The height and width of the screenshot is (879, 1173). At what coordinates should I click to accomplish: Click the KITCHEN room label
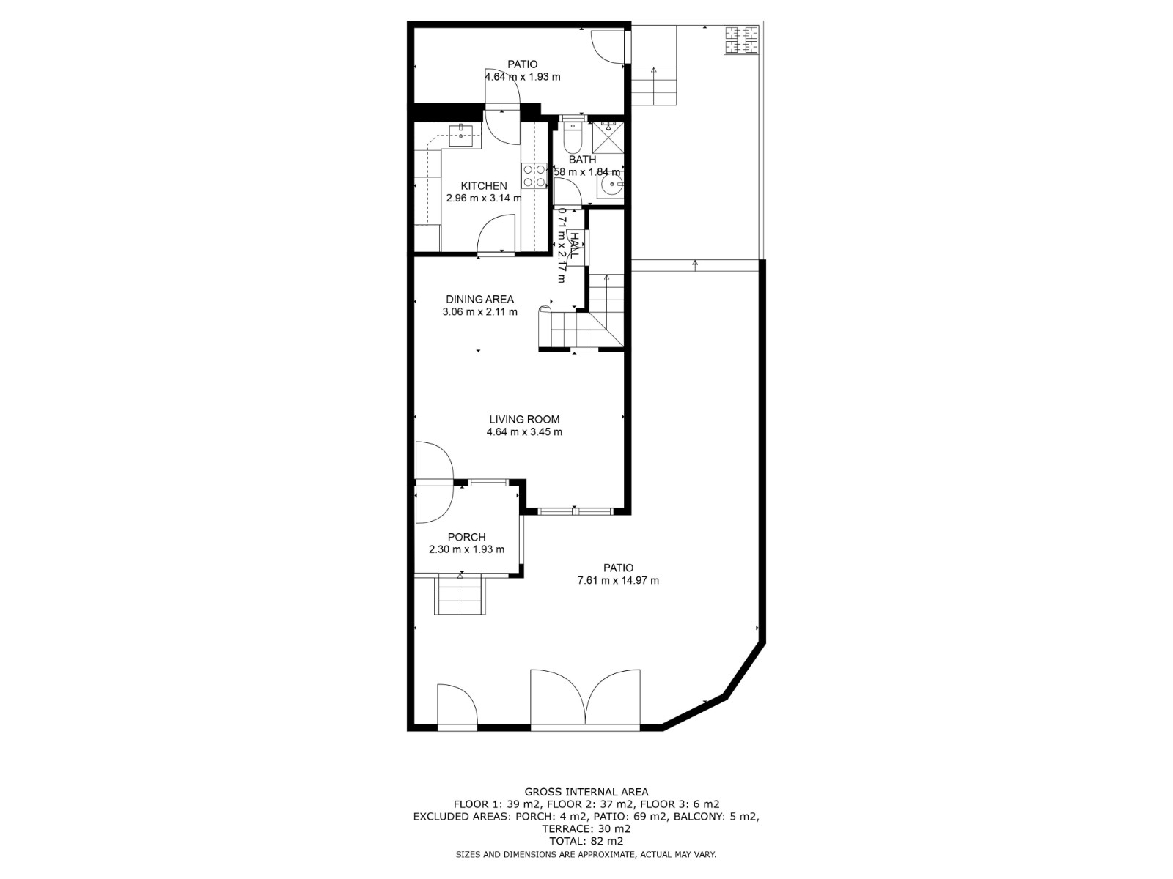point(484,186)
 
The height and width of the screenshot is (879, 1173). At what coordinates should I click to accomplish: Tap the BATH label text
point(582,160)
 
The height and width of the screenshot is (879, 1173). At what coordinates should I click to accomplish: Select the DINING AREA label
point(480,300)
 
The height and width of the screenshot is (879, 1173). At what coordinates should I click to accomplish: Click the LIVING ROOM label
point(524,420)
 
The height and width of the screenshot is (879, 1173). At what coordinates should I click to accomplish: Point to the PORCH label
point(466,538)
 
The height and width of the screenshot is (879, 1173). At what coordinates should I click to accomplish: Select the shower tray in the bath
point(608,137)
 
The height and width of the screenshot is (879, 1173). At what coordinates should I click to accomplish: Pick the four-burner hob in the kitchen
point(534,176)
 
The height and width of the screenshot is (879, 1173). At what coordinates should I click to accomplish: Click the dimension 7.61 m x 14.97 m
point(618,581)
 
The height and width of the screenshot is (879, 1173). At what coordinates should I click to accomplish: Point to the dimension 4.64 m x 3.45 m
point(524,431)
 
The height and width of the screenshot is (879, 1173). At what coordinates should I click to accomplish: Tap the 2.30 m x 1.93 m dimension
point(466,549)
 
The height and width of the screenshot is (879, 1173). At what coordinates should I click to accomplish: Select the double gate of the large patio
point(585,698)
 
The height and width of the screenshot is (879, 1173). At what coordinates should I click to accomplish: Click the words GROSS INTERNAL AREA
point(586,792)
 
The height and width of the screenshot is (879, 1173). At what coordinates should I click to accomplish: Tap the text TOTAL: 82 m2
point(586,841)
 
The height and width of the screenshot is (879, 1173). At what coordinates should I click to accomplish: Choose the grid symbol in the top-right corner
point(741,40)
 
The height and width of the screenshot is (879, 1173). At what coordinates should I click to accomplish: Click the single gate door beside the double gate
point(457,705)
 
